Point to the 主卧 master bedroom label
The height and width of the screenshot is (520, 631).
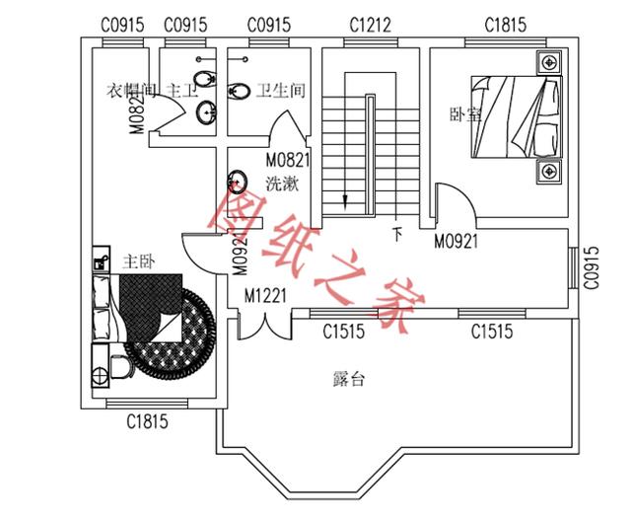138,262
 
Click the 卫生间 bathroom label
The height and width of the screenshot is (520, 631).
280,91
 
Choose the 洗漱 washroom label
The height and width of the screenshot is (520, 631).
282,184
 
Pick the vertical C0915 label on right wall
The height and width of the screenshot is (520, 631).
592,266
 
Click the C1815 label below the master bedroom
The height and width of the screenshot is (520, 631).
147,422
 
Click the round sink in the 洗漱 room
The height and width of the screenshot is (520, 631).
238,182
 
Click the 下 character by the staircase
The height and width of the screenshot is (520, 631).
398,235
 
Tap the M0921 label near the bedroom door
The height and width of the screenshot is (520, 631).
456,240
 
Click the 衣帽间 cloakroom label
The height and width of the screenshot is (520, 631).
131,91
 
